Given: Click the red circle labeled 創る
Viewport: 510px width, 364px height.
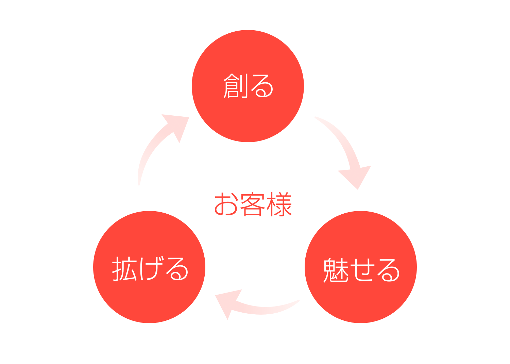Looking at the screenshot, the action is (x=248, y=86).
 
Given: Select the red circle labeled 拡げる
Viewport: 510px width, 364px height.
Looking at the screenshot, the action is (x=149, y=267).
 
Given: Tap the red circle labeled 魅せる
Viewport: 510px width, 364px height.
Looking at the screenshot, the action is (x=361, y=267).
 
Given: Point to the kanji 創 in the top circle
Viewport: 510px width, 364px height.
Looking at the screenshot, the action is (x=235, y=86).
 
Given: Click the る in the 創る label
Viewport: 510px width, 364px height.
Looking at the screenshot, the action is (x=262, y=86).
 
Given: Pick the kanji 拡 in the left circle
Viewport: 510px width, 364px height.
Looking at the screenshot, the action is (x=124, y=269).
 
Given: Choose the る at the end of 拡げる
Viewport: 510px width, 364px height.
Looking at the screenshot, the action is (x=177, y=269).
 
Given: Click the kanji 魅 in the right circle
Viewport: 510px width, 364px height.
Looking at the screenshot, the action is (x=336, y=270).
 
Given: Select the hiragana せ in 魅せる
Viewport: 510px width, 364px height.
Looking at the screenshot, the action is (x=363, y=270).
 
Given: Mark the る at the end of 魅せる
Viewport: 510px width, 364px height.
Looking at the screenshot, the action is (x=388, y=270).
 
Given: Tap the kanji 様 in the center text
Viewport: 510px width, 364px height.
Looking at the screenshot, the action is (x=279, y=204).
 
